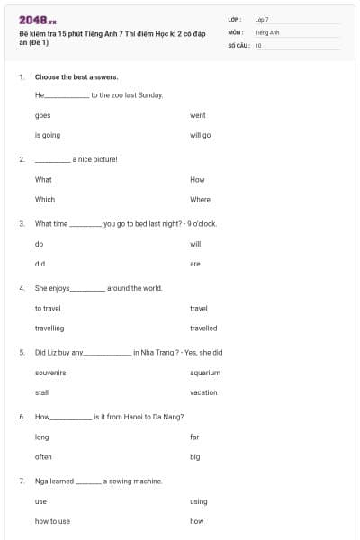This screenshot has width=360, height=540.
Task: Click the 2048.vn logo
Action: click(x=38, y=20)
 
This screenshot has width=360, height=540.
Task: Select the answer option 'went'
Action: click(x=198, y=115)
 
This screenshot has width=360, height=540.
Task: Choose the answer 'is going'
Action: click(x=48, y=135)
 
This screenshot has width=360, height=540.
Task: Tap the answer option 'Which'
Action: click(x=45, y=199)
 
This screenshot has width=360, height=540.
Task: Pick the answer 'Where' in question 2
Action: click(x=200, y=199)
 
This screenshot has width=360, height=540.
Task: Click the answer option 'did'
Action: click(x=40, y=264)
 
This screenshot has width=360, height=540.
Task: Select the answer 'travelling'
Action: click(x=49, y=328)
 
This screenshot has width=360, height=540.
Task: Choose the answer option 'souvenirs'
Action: click(x=50, y=373)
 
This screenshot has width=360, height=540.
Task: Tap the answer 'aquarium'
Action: click(x=205, y=373)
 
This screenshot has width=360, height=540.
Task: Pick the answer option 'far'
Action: click(x=194, y=436)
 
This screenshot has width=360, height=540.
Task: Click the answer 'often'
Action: click(x=43, y=456)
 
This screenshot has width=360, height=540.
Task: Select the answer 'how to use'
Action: click(x=52, y=521)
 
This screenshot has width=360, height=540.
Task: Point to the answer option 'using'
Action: click(x=199, y=501)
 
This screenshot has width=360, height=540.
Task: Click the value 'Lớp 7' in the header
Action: click(x=262, y=19)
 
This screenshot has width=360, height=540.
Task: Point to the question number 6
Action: click(x=22, y=417)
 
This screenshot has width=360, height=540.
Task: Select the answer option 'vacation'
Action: click(x=204, y=392)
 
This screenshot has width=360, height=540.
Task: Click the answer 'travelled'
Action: click(x=203, y=328)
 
